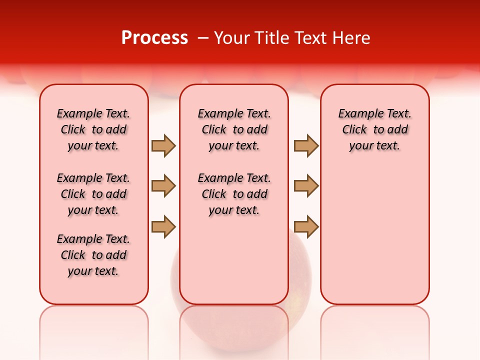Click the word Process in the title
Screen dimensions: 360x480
[x=154, y=38]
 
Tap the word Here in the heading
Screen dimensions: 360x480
[x=352, y=38]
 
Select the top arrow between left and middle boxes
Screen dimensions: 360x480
[x=163, y=145]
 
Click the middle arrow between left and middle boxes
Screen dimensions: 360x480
[x=163, y=186]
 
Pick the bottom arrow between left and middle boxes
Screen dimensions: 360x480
[x=163, y=226]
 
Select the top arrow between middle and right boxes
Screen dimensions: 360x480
[x=306, y=145]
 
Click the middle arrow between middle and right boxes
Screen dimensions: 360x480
[x=306, y=186]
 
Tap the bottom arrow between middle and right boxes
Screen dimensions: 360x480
[x=306, y=226]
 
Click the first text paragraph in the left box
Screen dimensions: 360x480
[x=93, y=129]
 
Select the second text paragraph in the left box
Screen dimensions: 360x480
[x=93, y=194]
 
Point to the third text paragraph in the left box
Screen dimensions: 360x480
[x=93, y=255]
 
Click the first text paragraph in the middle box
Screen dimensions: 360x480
[x=234, y=129]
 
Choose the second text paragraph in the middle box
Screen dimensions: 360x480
[x=234, y=194]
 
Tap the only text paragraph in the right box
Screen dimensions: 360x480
[x=374, y=129]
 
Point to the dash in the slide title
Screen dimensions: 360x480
[x=203, y=38]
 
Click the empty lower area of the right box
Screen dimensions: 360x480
[x=375, y=235]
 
